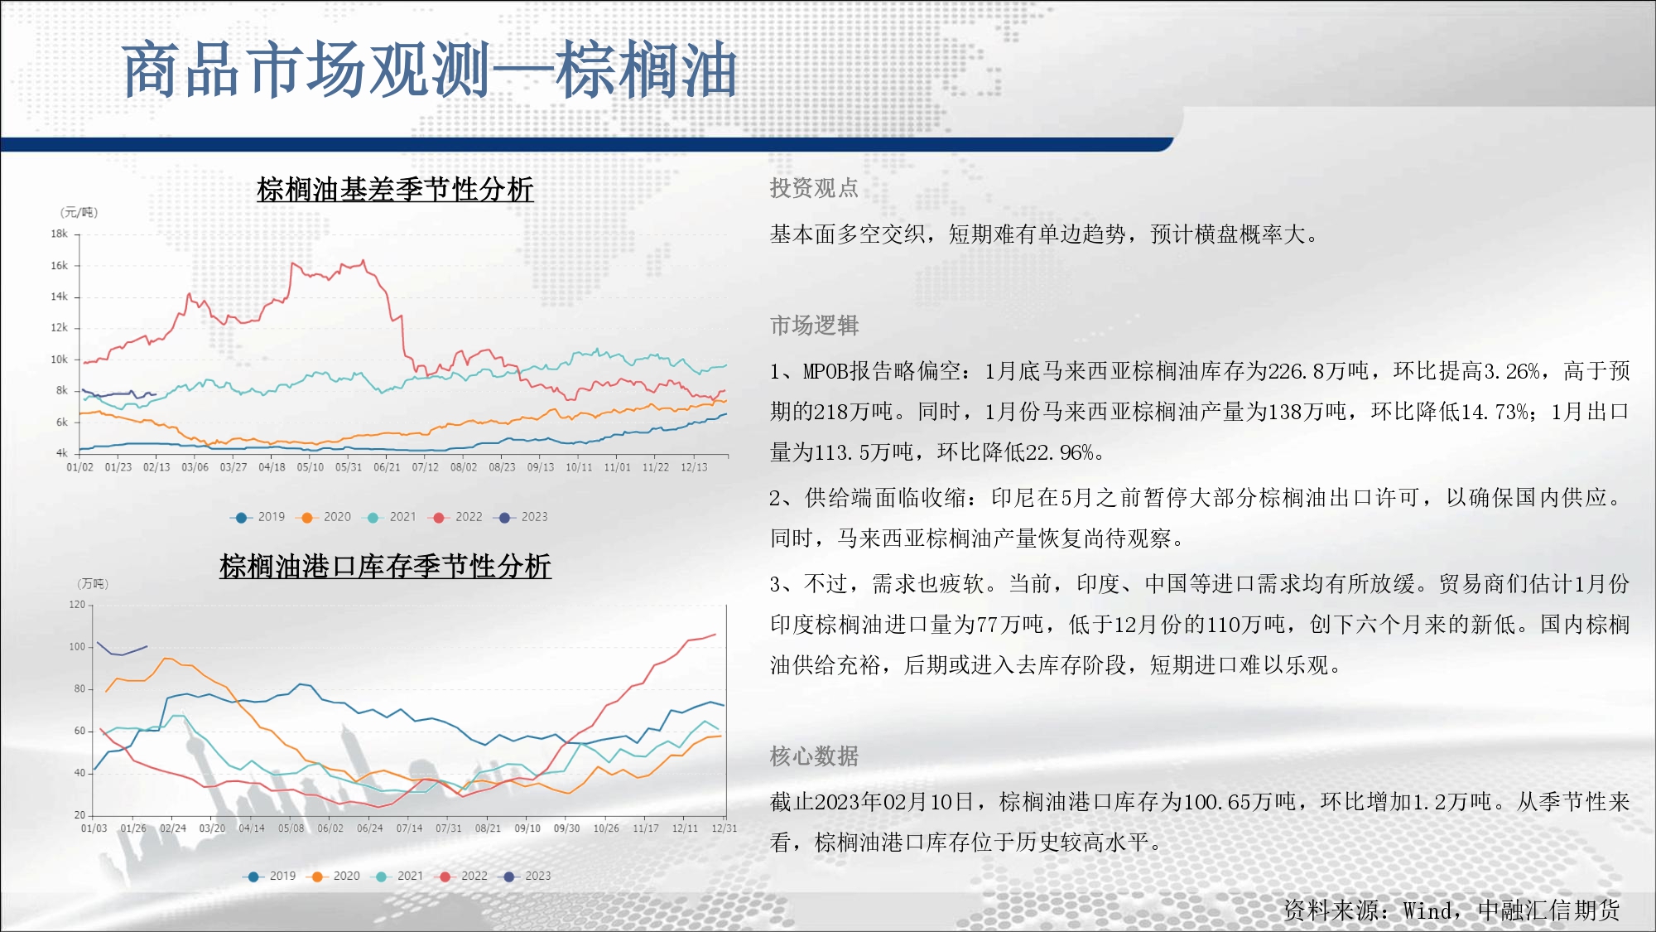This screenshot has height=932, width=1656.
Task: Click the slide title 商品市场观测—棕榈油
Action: (x=429, y=70)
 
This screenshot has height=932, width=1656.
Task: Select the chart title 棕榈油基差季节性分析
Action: (x=395, y=190)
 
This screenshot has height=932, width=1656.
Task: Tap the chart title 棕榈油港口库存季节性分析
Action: (x=385, y=567)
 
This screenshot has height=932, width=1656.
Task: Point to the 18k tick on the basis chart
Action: (x=59, y=234)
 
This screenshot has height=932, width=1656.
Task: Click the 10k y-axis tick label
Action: (x=59, y=360)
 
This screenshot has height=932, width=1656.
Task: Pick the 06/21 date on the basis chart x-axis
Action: (x=387, y=467)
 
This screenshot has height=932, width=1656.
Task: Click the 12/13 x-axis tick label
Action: (x=694, y=467)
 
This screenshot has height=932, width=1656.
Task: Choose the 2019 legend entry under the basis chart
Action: (x=258, y=517)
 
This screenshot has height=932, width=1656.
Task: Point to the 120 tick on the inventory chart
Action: (x=77, y=605)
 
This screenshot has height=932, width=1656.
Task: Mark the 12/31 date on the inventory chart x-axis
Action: (x=724, y=828)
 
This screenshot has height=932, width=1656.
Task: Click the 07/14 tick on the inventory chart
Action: (x=409, y=828)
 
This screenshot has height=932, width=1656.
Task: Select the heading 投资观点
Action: (x=814, y=188)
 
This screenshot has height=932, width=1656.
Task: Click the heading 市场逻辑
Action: (x=814, y=326)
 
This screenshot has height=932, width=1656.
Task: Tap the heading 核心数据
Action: (x=814, y=756)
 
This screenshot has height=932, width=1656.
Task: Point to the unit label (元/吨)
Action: (x=79, y=213)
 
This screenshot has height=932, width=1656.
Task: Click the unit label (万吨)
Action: (x=93, y=584)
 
